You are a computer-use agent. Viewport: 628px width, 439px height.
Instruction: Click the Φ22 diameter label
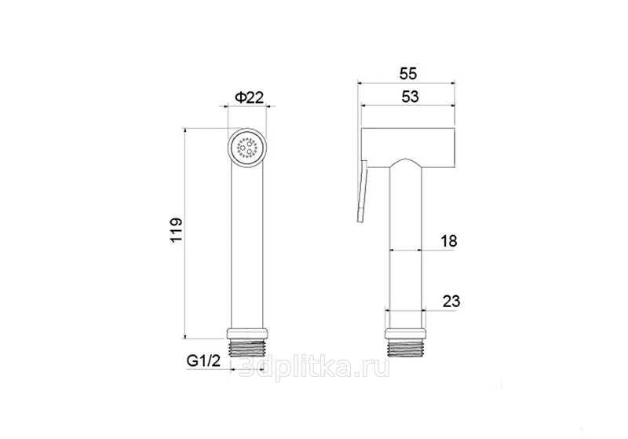pyautogui.click(x=249, y=97)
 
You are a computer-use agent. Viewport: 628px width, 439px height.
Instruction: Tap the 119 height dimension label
pyautogui.click(x=176, y=230)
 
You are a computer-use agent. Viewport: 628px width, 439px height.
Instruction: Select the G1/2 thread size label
pyautogui.click(x=203, y=361)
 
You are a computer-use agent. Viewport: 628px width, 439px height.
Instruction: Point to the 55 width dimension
pyautogui.click(x=408, y=74)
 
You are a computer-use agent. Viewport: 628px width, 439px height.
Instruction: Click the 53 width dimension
pyautogui.click(x=410, y=97)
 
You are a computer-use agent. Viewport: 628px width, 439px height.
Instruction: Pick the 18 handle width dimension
pyautogui.click(x=448, y=241)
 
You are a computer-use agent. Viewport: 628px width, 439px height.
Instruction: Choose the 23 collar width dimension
pyautogui.click(x=451, y=302)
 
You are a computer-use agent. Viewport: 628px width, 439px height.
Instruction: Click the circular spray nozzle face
pyautogui.click(x=247, y=148)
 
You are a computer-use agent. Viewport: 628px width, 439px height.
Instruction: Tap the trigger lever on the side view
pyautogui.click(x=362, y=192)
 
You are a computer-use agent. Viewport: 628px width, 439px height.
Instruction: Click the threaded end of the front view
pyautogui.click(x=247, y=349)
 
